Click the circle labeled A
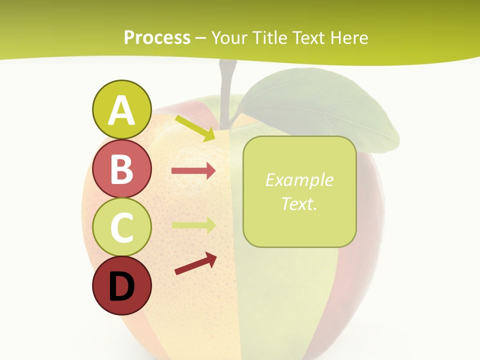[121, 110]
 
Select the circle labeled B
[121, 169]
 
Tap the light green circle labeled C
[121, 227]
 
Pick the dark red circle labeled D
[121, 285]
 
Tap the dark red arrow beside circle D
[195, 264]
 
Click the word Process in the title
[157, 38]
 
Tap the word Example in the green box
[299, 180]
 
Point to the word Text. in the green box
[299, 203]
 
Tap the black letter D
[121, 286]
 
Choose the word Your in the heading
[229, 38]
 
